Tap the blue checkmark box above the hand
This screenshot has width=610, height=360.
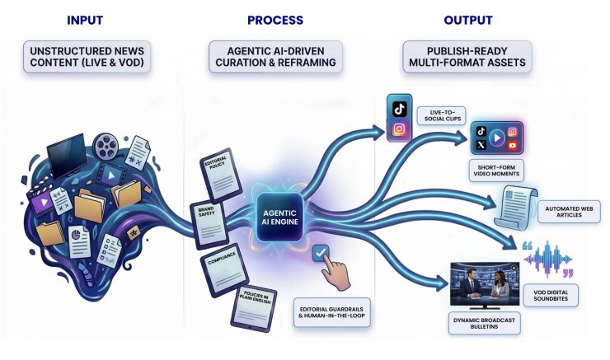click(321, 253)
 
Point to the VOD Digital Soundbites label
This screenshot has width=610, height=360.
click(562, 295)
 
